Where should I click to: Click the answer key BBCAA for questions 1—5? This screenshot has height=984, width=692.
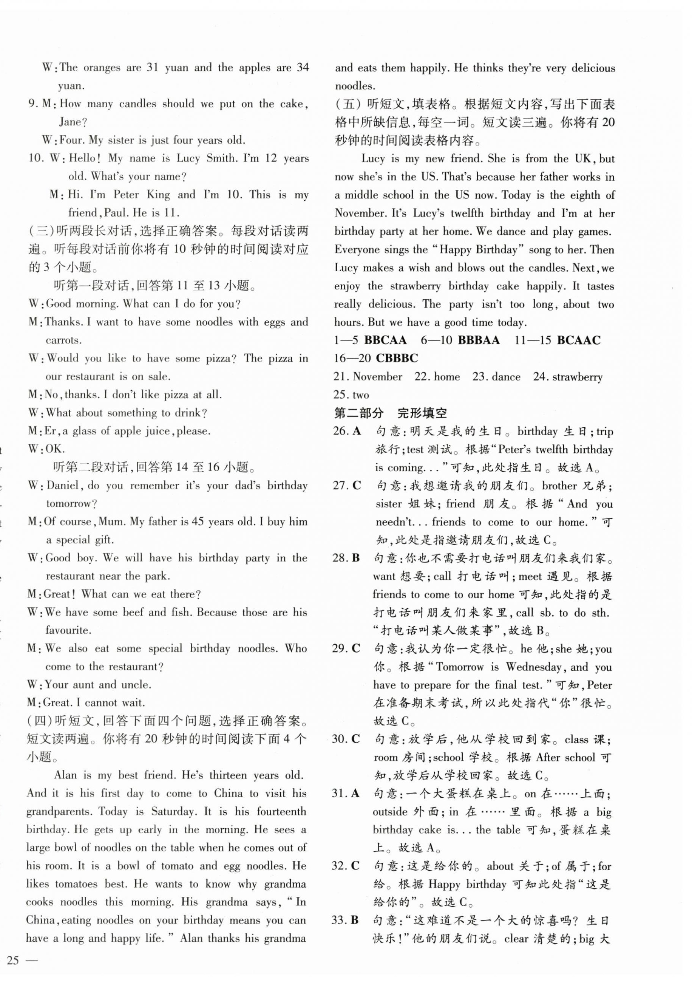(x=385, y=340)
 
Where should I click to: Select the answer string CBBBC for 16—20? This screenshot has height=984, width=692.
(x=396, y=358)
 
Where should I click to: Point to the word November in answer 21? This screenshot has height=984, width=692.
(x=377, y=377)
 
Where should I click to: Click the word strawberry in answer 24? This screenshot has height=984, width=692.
(x=577, y=377)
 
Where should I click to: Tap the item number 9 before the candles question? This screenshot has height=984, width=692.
(x=32, y=104)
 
